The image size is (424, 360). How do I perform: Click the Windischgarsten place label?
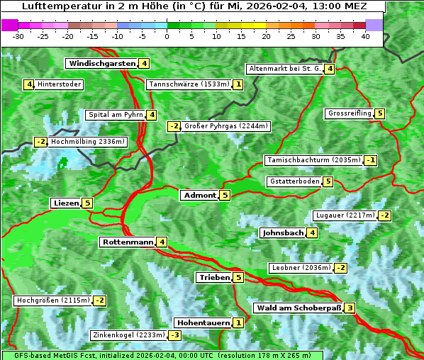pyautogui.click(x=101, y=64)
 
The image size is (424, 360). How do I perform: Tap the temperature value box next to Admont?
pyautogui.click(x=225, y=196)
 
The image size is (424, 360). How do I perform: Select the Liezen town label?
pyautogui.click(x=66, y=203)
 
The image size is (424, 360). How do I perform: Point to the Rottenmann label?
pyautogui.click(x=127, y=242)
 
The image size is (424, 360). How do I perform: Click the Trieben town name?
pyautogui.click(x=213, y=278)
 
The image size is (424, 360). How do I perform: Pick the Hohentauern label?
pyautogui.click(x=203, y=323)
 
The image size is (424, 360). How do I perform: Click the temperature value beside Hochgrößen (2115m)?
pyautogui.click(x=100, y=300)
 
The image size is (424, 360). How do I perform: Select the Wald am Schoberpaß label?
pyautogui.click(x=298, y=308)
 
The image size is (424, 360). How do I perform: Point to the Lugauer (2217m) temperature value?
pyautogui.click(x=384, y=215)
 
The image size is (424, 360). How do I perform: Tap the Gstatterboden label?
pyautogui.click(x=294, y=181)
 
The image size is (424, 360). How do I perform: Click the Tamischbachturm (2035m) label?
pyautogui.click(x=313, y=160)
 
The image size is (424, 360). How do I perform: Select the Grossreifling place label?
pyautogui.click(x=350, y=113)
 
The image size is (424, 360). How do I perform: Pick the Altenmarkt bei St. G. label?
pyautogui.click(x=283, y=69)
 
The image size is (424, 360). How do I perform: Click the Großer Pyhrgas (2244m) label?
pyautogui.click(x=226, y=126)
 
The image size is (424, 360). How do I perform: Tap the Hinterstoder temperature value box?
pyautogui.click(x=29, y=85)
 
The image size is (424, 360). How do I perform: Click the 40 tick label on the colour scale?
pyautogui.click(x=365, y=36)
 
